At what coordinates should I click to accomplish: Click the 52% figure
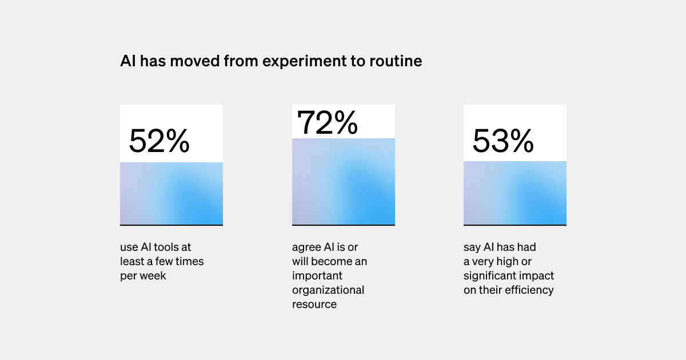(159, 141)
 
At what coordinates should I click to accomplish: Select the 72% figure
(328, 122)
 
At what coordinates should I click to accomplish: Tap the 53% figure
(503, 141)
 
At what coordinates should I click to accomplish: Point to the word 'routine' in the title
(396, 61)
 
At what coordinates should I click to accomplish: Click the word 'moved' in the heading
(195, 61)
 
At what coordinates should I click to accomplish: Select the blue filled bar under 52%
(171, 194)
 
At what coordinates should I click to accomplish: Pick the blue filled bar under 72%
(344, 182)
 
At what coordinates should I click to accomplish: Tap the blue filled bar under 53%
(515, 193)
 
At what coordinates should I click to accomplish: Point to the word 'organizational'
(328, 290)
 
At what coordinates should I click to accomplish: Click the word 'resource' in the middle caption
(314, 305)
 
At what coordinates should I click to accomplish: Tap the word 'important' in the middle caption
(317, 276)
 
